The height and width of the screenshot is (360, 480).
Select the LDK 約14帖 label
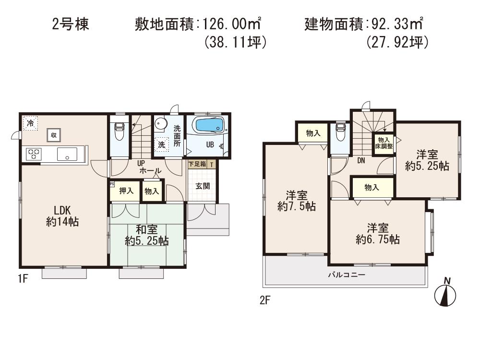click(62, 216)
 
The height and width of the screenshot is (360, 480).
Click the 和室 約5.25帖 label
click(147, 235)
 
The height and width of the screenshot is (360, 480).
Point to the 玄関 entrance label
click(202, 186)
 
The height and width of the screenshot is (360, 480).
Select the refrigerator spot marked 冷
click(30, 123)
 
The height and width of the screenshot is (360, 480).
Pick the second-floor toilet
click(340, 132)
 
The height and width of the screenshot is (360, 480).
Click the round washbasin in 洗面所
click(159, 123)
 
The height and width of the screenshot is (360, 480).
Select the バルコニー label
click(347, 276)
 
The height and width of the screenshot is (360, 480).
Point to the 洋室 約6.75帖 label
click(378, 233)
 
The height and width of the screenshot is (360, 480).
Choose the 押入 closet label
click(126, 191)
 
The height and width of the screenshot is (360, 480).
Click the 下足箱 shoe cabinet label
click(197, 164)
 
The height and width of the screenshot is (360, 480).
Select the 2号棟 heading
click(70, 24)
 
